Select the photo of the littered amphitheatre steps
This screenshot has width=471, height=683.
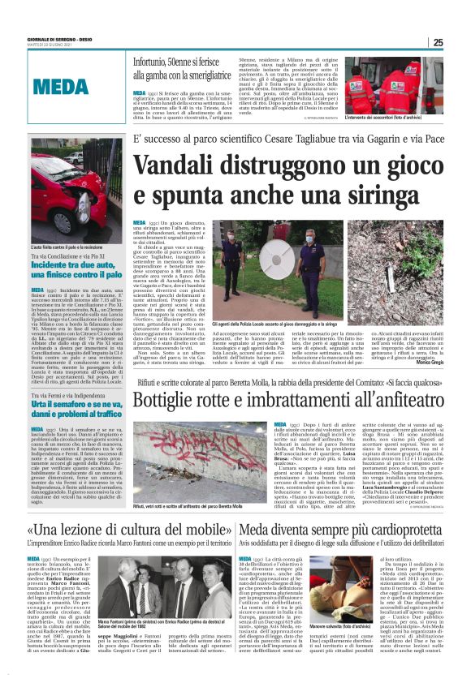[197, 469]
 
